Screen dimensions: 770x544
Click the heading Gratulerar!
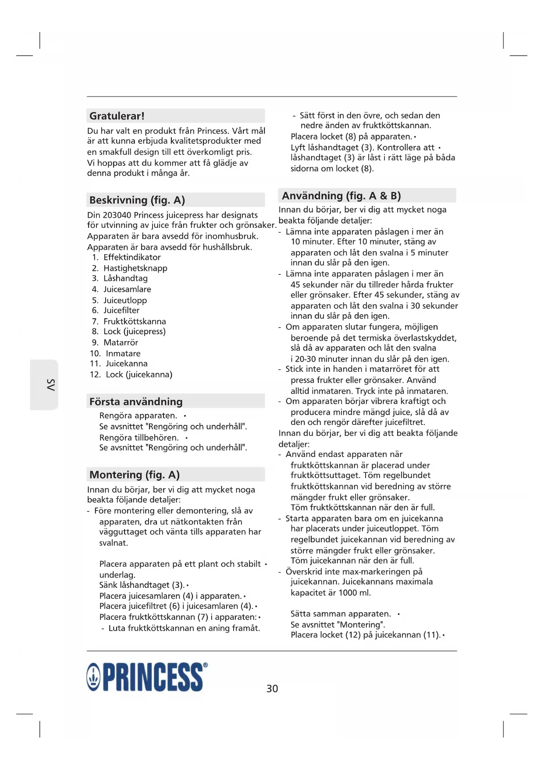coord(117,116)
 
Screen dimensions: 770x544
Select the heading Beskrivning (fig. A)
coord(137,200)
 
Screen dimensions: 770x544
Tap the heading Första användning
coord(136,402)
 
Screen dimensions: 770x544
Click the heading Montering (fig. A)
coord(135,475)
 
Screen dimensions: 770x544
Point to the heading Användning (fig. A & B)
coord(341,196)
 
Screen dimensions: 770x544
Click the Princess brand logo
coord(147,677)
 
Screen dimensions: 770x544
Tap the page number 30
coord(272,688)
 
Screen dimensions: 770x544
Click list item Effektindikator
coord(132,257)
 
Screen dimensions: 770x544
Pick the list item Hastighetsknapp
coord(135,268)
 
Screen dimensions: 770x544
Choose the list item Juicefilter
coord(121,310)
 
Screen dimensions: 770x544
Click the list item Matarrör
coord(121,342)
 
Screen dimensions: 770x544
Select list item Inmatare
coord(123,353)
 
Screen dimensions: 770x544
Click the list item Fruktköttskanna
coord(135,321)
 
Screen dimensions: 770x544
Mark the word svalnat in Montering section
coord(114,543)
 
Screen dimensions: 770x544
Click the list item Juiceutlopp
coord(125,300)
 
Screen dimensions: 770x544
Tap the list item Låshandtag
coord(125,278)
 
